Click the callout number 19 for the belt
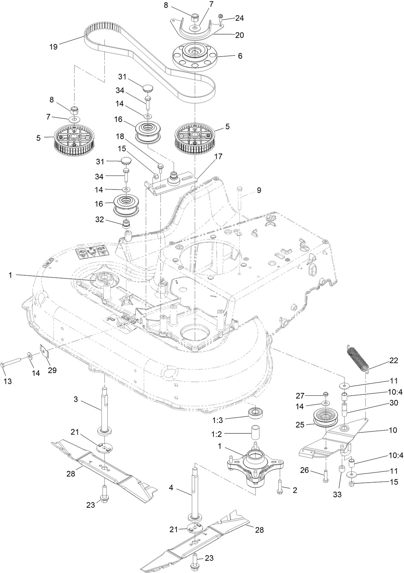(53, 47)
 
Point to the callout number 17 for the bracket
(218, 156)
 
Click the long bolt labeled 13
(14, 365)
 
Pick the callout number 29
(52, 370)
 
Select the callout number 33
(337, 494)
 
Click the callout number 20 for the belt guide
(240, 35)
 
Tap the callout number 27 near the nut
(300, 395)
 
